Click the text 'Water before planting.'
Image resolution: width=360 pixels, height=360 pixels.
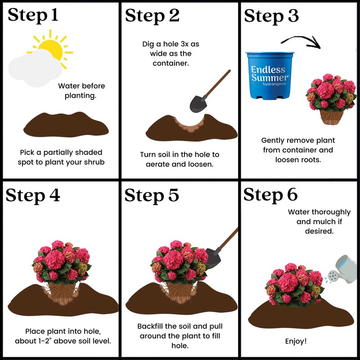81,90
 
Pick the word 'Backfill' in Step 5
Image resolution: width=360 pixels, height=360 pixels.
152,326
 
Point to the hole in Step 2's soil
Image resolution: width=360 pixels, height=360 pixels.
191,121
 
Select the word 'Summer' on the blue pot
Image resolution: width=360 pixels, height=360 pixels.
270,78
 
